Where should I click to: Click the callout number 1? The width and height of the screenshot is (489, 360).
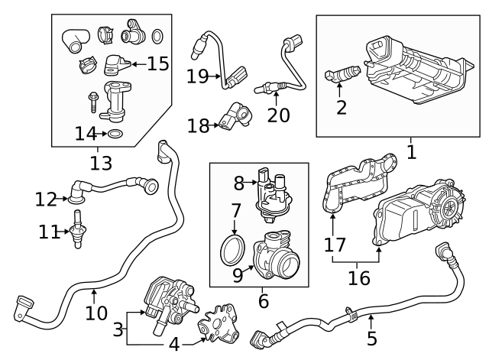point(411,151)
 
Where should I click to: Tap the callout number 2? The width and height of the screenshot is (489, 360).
point(341,107)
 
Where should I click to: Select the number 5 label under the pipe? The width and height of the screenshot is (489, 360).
point(371,337)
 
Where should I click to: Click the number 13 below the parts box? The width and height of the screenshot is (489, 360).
point(100,162)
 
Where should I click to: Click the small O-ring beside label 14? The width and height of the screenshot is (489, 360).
point(115,135)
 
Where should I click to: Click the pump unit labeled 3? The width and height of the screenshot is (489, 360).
point(167,298)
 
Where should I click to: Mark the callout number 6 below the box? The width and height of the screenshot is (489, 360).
point(263,301)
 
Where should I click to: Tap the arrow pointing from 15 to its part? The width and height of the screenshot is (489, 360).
point(136,63)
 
